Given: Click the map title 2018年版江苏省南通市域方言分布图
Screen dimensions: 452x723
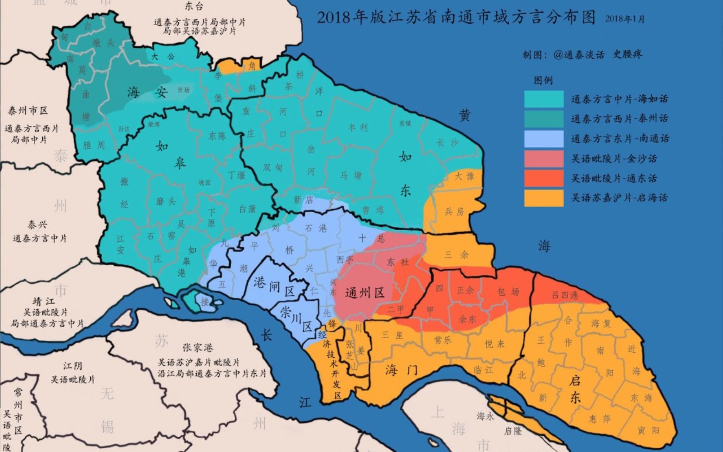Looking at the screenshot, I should click(x=456, y=18).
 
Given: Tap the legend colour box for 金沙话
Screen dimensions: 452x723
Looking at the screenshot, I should click(x=544, y=159).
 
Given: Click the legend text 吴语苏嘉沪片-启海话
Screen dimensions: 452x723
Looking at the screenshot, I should click(x=619, y=198).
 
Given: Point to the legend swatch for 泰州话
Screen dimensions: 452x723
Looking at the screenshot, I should click(x=544, y=119).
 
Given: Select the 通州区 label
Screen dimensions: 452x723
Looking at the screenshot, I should click(x=365, y=293).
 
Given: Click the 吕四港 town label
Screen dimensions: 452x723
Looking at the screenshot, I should click(x=565, y=295).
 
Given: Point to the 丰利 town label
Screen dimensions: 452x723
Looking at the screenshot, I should click(x=358, y=127).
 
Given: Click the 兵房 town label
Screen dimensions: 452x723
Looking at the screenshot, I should click(x=454, y=212).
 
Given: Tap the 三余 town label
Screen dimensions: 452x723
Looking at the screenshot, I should click(x=456, y=254).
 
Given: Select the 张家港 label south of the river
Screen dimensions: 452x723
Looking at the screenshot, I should click(x=197, y=348).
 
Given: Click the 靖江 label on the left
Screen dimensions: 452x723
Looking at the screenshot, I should click(x=44, y=302).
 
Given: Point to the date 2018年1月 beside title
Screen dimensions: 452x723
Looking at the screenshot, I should click(x=624, y=19).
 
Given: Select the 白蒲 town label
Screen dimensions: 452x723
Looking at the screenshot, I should click(x=247, y=209).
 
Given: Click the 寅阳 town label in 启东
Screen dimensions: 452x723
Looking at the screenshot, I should click(x=648, y=430).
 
